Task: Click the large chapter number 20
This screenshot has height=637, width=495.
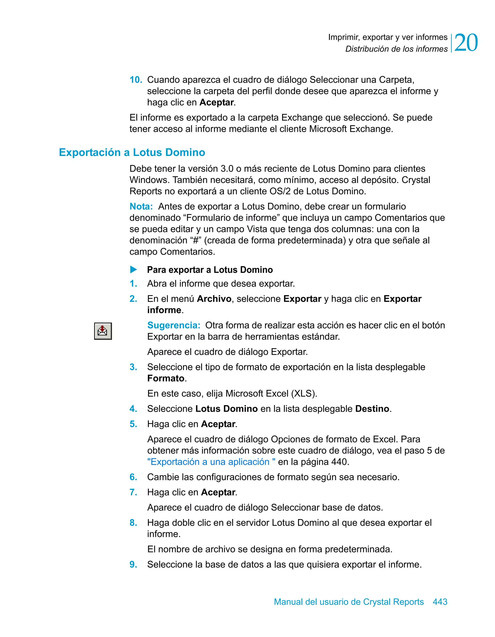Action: [466, 43]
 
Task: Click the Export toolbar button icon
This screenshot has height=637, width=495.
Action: [103, 331]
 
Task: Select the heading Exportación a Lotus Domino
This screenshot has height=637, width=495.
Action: [132, 152]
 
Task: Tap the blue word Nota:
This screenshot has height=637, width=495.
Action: [141, 207]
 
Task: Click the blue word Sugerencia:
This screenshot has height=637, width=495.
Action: [174, 325]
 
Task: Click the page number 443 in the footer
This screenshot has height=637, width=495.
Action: [440, 602]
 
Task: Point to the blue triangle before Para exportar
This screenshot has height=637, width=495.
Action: [133, 269]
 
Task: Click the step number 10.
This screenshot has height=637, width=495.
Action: [136, 80]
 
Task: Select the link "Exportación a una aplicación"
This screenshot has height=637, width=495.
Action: [211, 462]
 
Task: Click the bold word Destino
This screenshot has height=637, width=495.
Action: [372, 409]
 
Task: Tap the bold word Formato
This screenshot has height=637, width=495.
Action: [166, 378]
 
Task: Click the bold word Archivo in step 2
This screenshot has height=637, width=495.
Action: [214, 299]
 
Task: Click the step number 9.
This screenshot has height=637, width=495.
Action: [133, 564]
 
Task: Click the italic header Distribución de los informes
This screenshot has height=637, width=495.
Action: [396, 49]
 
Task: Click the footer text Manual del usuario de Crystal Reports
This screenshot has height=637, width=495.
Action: [349, 602]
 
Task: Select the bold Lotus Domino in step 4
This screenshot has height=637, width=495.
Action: [226, 409]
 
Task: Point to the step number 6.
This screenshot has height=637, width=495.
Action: [133, 477]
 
